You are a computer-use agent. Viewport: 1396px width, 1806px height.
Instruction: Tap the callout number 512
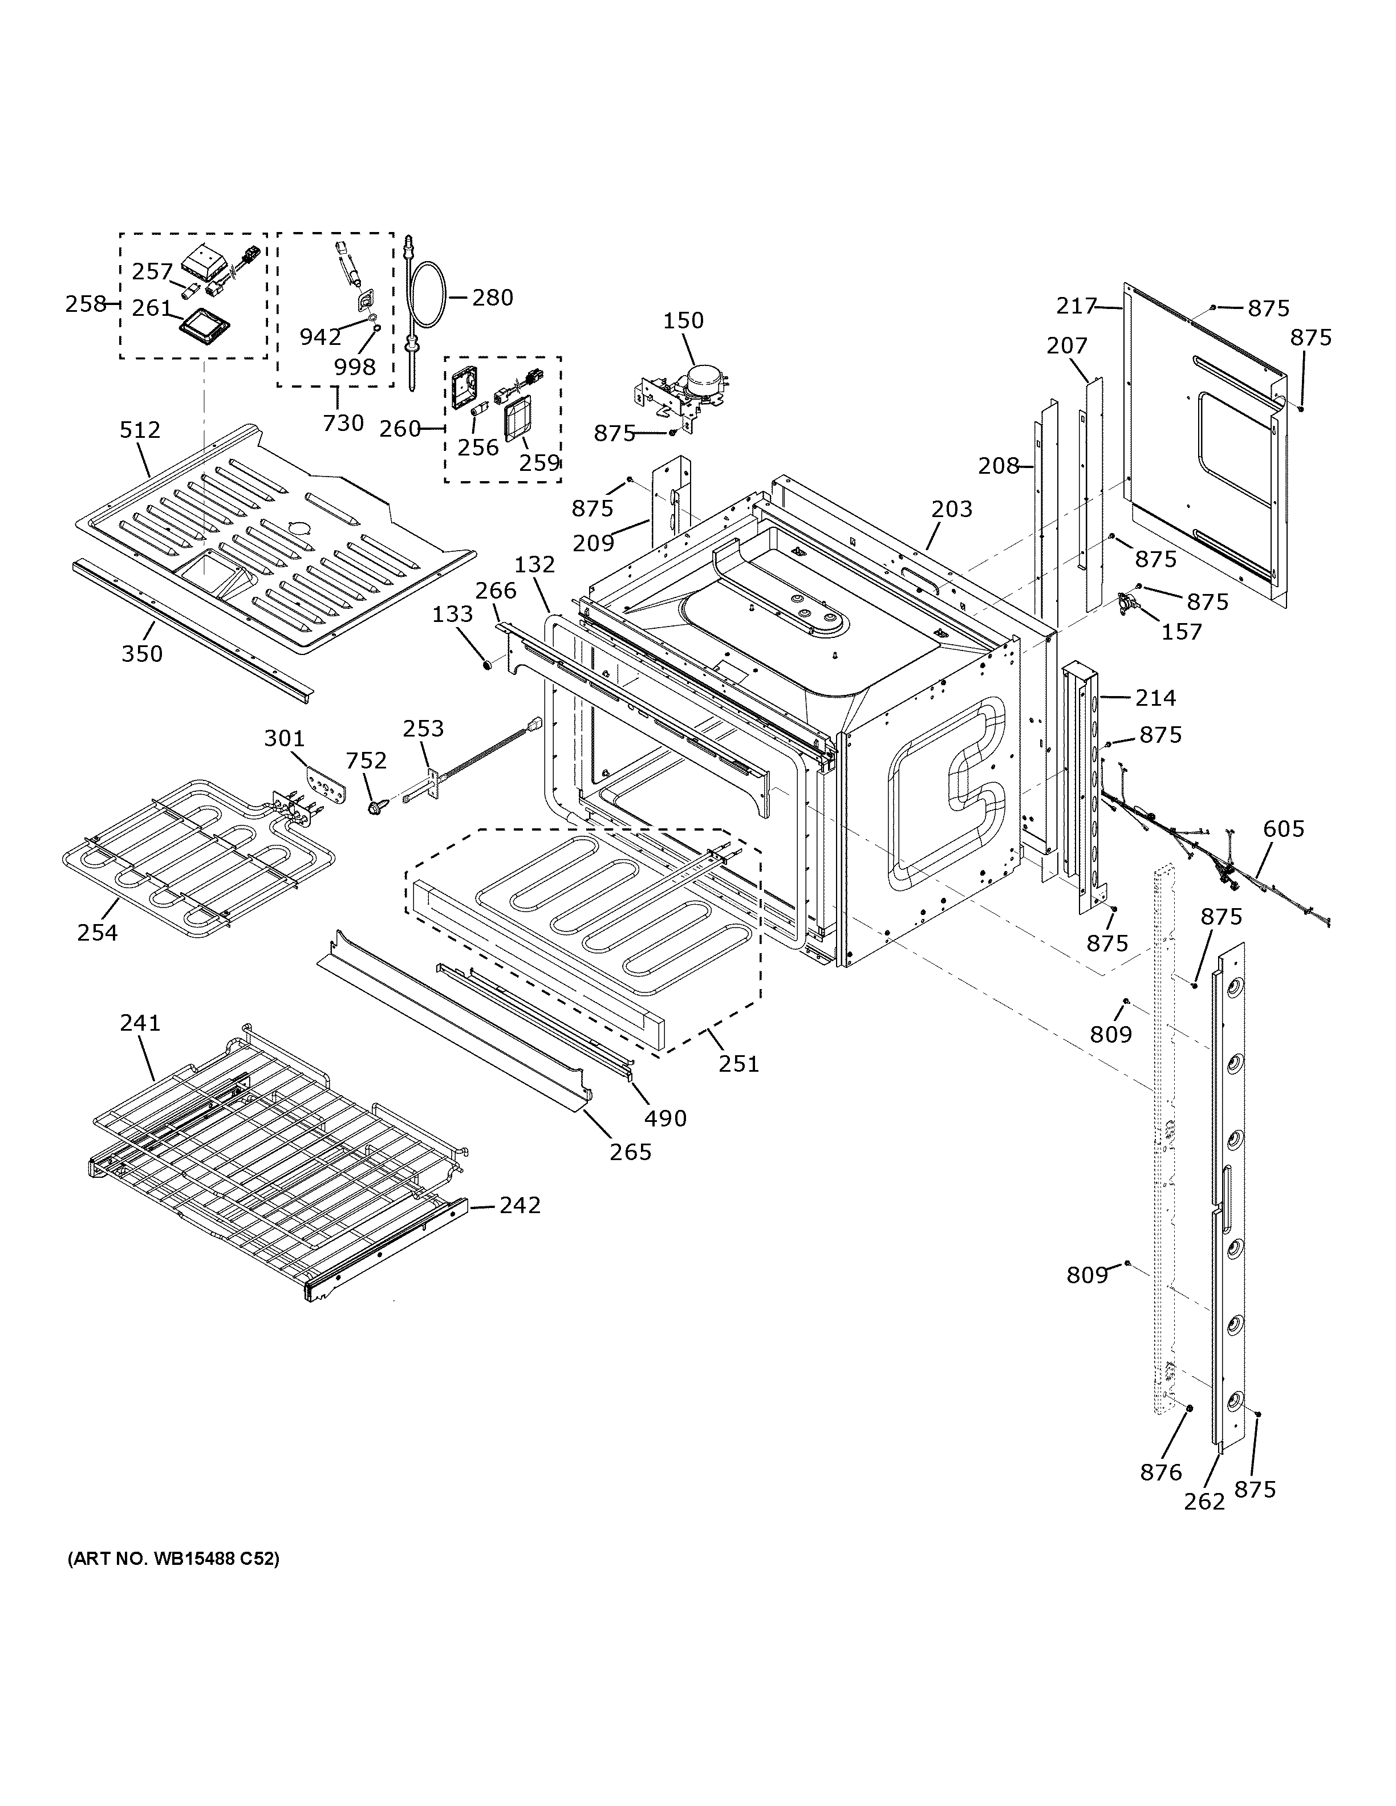[x=140, y=430]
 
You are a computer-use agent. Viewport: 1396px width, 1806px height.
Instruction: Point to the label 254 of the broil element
[x=98, y=933]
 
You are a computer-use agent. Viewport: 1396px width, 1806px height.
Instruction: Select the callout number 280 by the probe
[x=492, y=298]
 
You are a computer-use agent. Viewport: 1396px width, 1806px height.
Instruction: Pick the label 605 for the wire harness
[x=1284, y=828]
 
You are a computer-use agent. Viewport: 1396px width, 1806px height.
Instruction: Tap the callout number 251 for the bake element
[x=738, y=1063]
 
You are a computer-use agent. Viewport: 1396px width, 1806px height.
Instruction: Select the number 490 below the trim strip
[x=665, y=1119]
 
